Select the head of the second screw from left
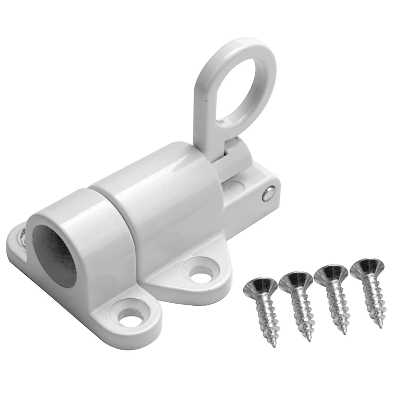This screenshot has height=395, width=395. (x=295, y=281)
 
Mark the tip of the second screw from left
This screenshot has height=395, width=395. (x=309, y=340)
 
